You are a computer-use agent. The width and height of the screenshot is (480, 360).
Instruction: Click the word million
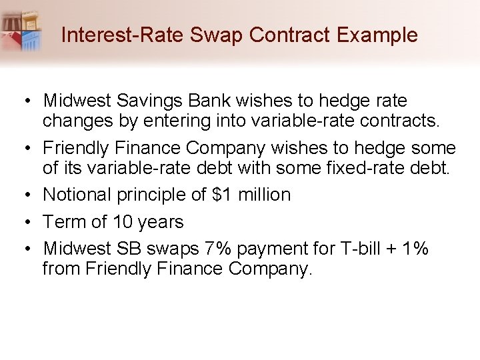[x=264, y=195]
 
